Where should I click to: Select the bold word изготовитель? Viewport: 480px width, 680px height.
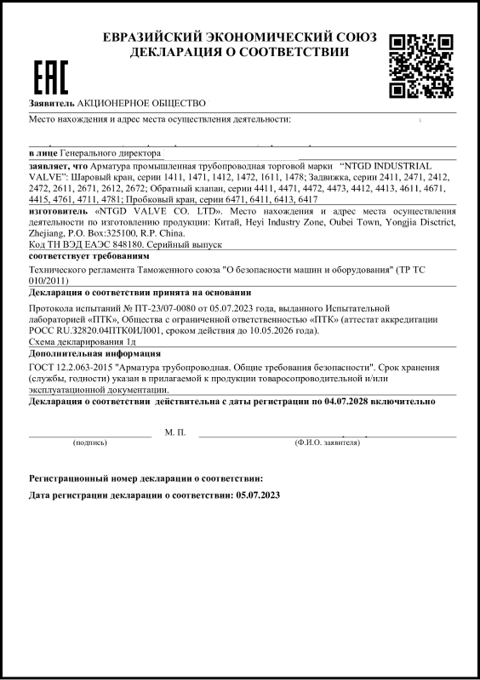[x=58, y=210]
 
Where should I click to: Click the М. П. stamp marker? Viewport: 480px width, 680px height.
[x=174, y=433]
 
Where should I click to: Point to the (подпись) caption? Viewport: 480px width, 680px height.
[x=90, y=443]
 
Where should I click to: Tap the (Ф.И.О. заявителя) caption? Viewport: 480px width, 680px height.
[x=326, y=443]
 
